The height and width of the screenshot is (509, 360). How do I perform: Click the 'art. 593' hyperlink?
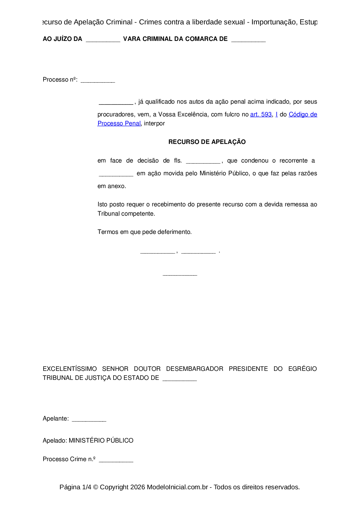pos(261,115)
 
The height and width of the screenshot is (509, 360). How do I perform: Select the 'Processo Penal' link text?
pos(119,124)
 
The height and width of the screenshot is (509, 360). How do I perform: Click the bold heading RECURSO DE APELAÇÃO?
pos(207,142)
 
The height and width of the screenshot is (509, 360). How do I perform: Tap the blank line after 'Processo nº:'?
pos(98,81)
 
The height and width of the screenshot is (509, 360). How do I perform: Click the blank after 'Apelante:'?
pos(89,420)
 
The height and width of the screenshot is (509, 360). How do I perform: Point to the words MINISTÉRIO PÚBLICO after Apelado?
pos(101,441)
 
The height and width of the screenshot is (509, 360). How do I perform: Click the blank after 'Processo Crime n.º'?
pos(116,460)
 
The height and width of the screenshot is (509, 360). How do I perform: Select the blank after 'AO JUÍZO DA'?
pos(103,40)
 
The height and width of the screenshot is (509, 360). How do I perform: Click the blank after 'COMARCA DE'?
pos(249,40)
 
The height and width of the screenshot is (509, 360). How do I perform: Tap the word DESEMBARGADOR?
pos(195,369)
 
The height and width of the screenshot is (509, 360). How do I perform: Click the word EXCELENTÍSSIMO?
pos(70,369)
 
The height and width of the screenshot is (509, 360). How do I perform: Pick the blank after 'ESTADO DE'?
pos(180,379)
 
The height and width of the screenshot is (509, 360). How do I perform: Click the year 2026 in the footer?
pos(138,487)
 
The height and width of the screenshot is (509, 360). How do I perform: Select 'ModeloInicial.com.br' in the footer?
pos(177,487)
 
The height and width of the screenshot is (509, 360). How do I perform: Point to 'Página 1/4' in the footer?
pos(75,487)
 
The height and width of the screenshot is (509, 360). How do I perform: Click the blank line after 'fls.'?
pos(203,162)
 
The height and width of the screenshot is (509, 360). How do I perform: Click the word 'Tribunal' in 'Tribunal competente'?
pos(108,214)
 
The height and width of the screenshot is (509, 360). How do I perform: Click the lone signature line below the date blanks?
pos(180,274)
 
